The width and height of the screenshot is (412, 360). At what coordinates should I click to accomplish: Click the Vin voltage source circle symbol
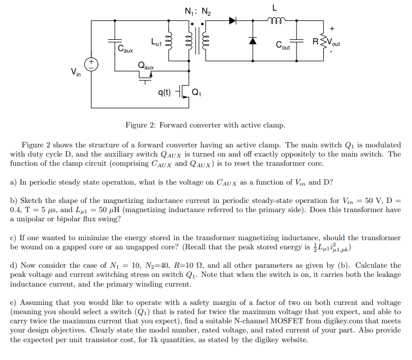[91, 64]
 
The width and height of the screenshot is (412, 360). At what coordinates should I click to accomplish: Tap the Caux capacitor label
[125, 50]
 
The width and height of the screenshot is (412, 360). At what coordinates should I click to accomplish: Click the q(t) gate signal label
[164, 92]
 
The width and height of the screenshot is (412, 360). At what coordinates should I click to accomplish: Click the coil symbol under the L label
[275, 21]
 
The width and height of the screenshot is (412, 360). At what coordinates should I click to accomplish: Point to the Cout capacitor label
[283, 46]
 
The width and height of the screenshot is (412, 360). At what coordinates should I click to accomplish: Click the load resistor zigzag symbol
[323, 41]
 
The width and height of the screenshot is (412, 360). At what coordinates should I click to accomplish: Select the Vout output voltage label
[333, 43]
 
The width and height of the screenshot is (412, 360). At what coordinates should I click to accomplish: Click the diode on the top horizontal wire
[233, 21]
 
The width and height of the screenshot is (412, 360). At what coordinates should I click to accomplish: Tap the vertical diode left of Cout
[252, 40]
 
